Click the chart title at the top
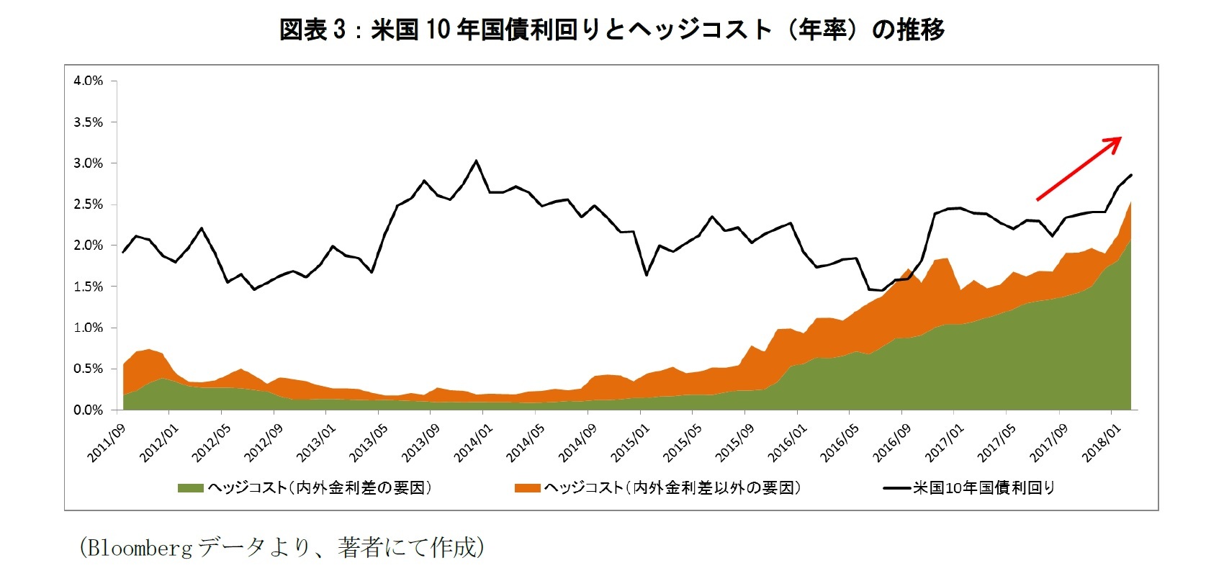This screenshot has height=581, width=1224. [x=611, y=30]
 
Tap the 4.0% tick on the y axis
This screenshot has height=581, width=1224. [x=88, y=81]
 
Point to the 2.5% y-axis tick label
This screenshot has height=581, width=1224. [x=88, y=204]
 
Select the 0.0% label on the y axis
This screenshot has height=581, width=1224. [x=88, y=410]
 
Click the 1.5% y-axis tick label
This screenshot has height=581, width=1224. [x=88, y=287]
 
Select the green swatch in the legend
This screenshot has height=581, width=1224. [x=192, y=489]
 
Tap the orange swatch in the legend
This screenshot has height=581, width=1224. [x=528, y=489]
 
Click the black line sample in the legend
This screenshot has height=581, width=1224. [x=896, y=489]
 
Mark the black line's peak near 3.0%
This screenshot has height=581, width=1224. [x=476, y=161]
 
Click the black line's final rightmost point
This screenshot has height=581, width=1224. [x=1131, y=175]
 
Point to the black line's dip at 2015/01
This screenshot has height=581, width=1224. [x=646, y=275]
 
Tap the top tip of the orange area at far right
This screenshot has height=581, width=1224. [x=1130, y=203]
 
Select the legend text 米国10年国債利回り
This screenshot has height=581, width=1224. [x=984, y=488]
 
